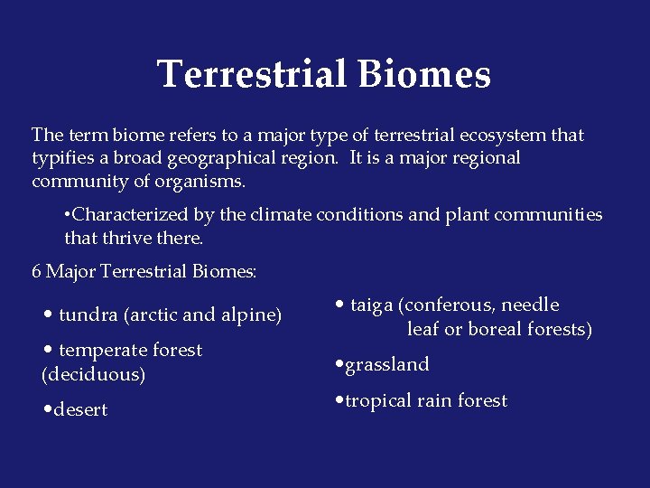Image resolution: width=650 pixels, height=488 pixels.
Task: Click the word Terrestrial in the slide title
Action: tap(252, 74)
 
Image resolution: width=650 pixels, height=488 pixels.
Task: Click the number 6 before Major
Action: tap(36, 271)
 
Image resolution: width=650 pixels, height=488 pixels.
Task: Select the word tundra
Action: tap(88, 315)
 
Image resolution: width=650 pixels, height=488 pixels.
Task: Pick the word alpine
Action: tap(248, 315)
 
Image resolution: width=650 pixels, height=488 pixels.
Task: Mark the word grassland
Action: tap(387, 365)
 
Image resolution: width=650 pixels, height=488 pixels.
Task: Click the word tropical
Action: tap(384, 401)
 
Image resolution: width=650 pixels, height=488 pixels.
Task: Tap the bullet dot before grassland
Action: tap(339, 365)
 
